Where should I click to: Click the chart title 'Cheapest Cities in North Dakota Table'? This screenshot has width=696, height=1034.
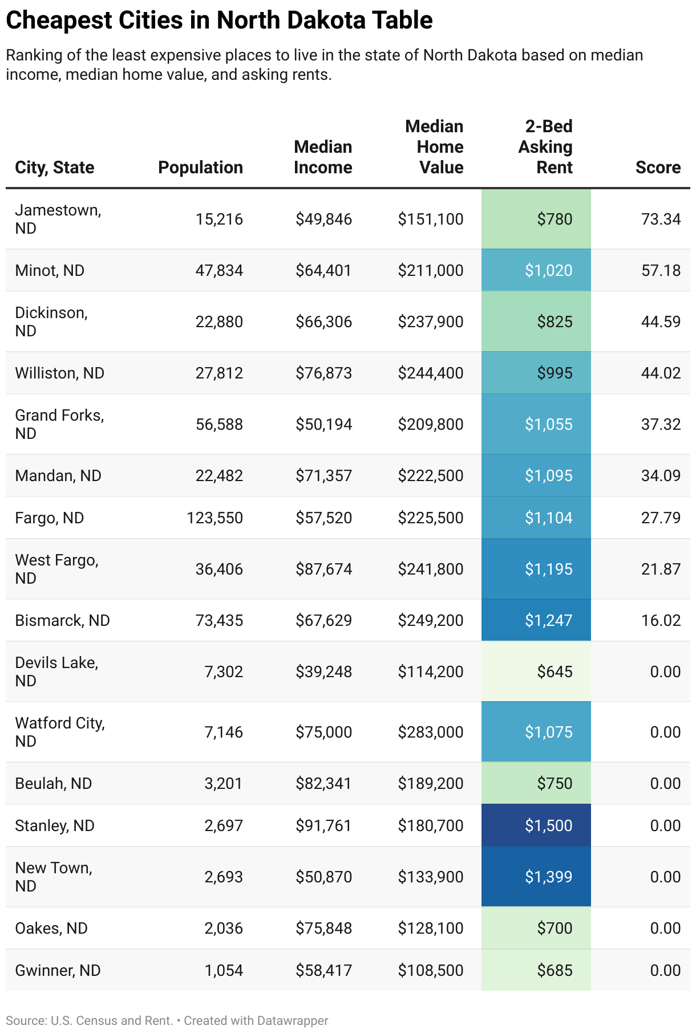pyautogui.click(x=219, y=21)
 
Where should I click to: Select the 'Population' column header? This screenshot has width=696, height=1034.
pyautogui.click(x=200, y=168)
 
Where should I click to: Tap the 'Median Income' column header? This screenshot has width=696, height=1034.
pyautogui.click(x=323, y=157)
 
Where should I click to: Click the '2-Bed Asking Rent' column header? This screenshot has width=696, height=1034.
pyautogui.click(x=545, y=147)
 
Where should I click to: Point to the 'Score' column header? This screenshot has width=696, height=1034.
pyautogui.click(x=658, y=168)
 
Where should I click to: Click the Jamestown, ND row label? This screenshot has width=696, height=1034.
pyautogui.click(x=58, y=219)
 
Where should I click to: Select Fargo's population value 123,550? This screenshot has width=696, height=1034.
pyautogui.click(x=215, y=518)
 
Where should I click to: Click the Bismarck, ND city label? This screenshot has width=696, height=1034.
pyautogui.click(x=62, y=620)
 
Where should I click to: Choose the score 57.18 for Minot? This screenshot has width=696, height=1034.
pyautogui.click(x=661, y=270)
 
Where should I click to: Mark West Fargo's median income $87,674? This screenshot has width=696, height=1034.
pyautogui.click(x=323, y=569)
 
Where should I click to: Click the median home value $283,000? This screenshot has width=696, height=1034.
pyautogui.click(x=431, y=732)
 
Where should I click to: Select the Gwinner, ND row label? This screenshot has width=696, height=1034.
pyautogui.click(x=58, y=970)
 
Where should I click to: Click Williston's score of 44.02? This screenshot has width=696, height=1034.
pyautogui.click(x=661, y=373)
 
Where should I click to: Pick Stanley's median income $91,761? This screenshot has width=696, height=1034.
pyautogui.click(x=323, y=825)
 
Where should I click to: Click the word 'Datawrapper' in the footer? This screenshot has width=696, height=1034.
pyautogui.click(x=292, y=1020)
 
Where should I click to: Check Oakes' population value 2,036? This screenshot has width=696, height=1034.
pyautogui.click(x=224, y=928)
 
